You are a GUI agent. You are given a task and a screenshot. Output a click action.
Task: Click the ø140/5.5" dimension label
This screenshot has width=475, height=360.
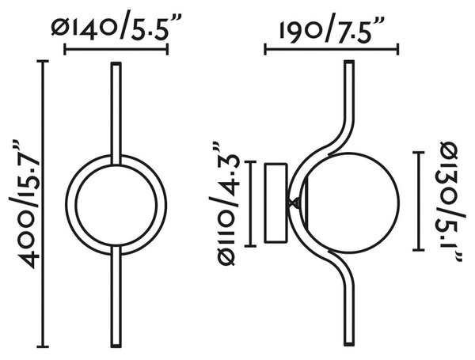click(x=116, y=27)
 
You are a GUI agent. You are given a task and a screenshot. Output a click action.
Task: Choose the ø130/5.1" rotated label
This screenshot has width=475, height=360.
click(x=450, y=203)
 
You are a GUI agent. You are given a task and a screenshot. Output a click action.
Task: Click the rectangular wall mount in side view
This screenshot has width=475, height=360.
click(x=275, y=203)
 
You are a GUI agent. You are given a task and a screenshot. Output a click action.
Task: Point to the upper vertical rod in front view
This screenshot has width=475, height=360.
click(x=116, y=114)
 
